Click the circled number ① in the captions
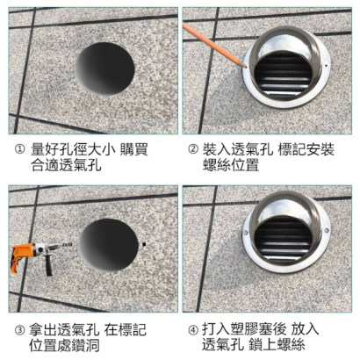18,150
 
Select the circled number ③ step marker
18,330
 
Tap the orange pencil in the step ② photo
211,44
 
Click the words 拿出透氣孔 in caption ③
66,330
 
